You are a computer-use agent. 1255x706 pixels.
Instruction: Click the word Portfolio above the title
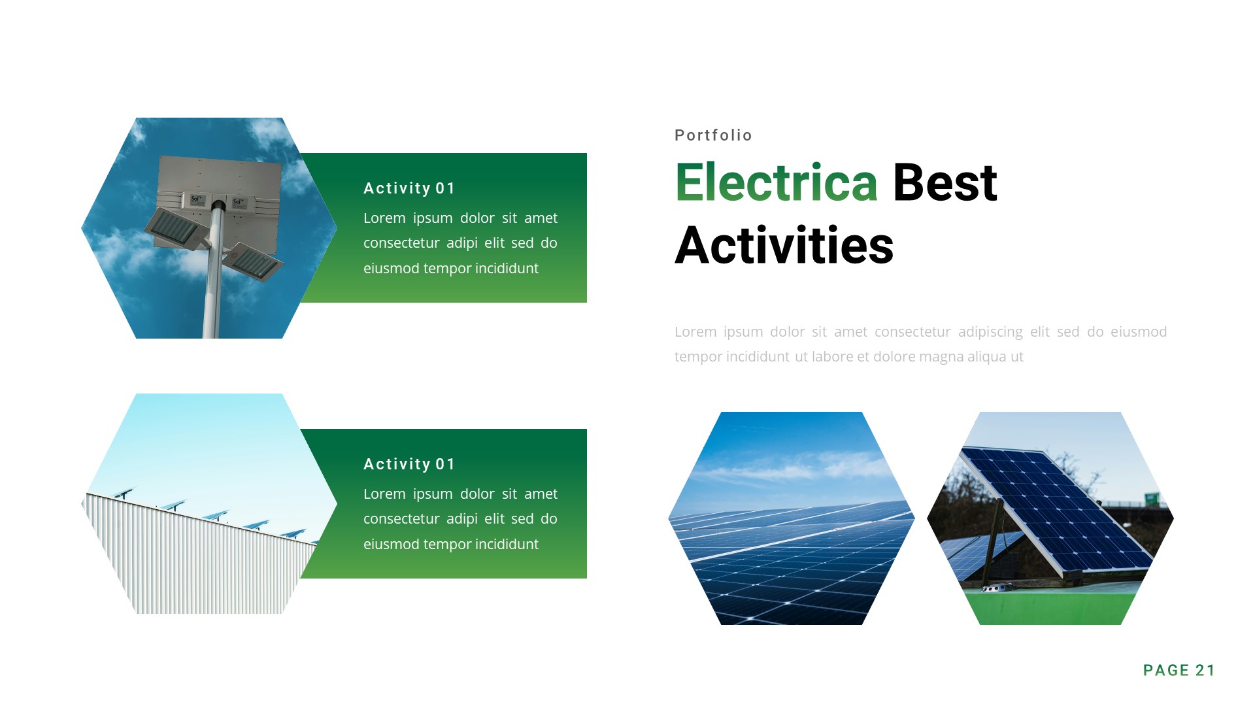(x=713, y=135)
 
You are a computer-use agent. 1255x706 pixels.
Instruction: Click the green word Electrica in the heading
(x=776, y=182)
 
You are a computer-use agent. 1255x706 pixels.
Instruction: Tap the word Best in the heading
(x=945, y=182)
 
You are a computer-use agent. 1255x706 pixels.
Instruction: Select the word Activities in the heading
(x=784, y=246)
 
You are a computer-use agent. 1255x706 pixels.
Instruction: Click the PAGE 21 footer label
(x=1179, y=670)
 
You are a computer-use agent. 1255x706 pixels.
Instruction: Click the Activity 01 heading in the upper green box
(x=409, y=188)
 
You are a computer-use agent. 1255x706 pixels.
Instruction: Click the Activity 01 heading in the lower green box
(x=409, y=464)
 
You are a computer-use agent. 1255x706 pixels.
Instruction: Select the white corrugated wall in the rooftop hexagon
(x=196, y=562)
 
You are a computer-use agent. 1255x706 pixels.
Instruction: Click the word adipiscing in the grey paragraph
(x=990, y=332)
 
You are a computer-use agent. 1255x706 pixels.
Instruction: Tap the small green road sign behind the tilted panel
(x=1152, y=499)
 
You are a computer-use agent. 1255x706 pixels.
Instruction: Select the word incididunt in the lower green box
(x=507, y=545)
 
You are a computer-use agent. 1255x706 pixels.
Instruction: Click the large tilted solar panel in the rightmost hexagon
(x=1052, y=503)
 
